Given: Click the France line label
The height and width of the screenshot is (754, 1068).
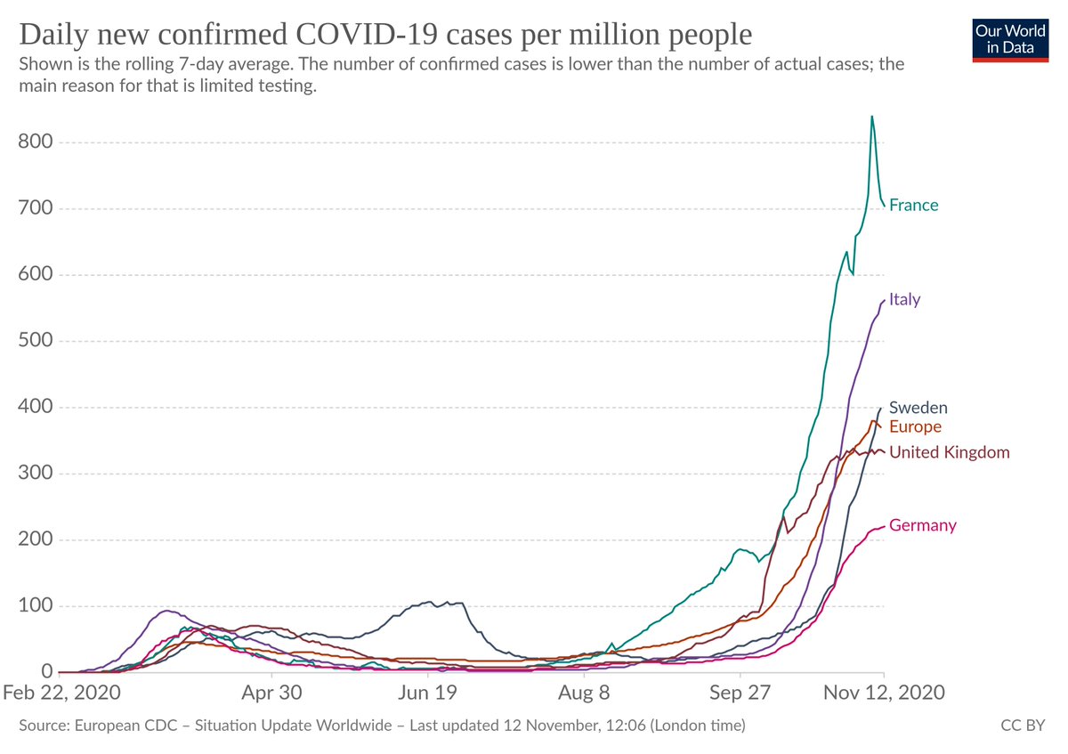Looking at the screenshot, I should [913, 205].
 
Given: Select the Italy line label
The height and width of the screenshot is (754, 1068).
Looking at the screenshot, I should [904, 299].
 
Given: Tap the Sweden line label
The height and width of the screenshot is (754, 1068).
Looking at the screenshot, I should [918, 408].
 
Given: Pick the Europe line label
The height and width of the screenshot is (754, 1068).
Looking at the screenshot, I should [915, 426].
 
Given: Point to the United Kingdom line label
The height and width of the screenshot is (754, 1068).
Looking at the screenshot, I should [949, 452].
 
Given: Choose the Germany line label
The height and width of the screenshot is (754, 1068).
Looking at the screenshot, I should [922, 525].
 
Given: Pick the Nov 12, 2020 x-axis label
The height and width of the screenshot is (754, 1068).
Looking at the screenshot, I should [883, 693].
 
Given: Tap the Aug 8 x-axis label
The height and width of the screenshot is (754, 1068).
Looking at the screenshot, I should [585, 693].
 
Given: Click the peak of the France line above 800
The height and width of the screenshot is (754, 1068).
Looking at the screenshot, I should [871, 117].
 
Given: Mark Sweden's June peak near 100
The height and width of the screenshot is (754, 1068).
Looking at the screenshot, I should [429, 602].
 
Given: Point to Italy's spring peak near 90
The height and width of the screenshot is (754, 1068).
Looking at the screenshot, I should [166, 611].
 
